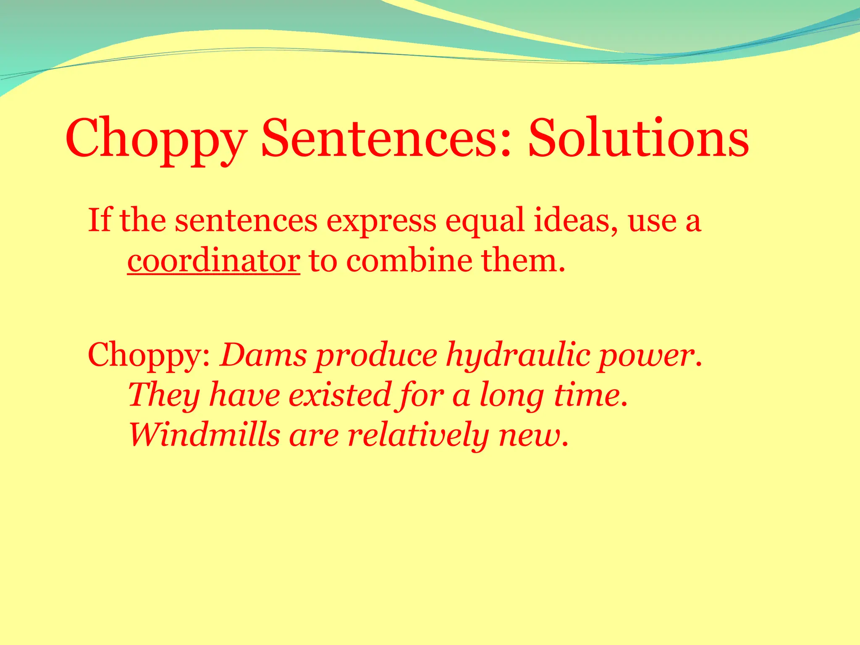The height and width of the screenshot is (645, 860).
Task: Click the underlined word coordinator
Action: click(213, 261)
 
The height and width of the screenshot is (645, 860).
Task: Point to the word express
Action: click(381, 222)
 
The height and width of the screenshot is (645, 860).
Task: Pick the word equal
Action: click(485, 222)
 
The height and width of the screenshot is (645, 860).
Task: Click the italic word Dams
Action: click(263, 355)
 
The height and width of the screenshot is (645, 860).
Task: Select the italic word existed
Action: click(340, 395)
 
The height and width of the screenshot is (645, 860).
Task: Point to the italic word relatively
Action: click(418, 435)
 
